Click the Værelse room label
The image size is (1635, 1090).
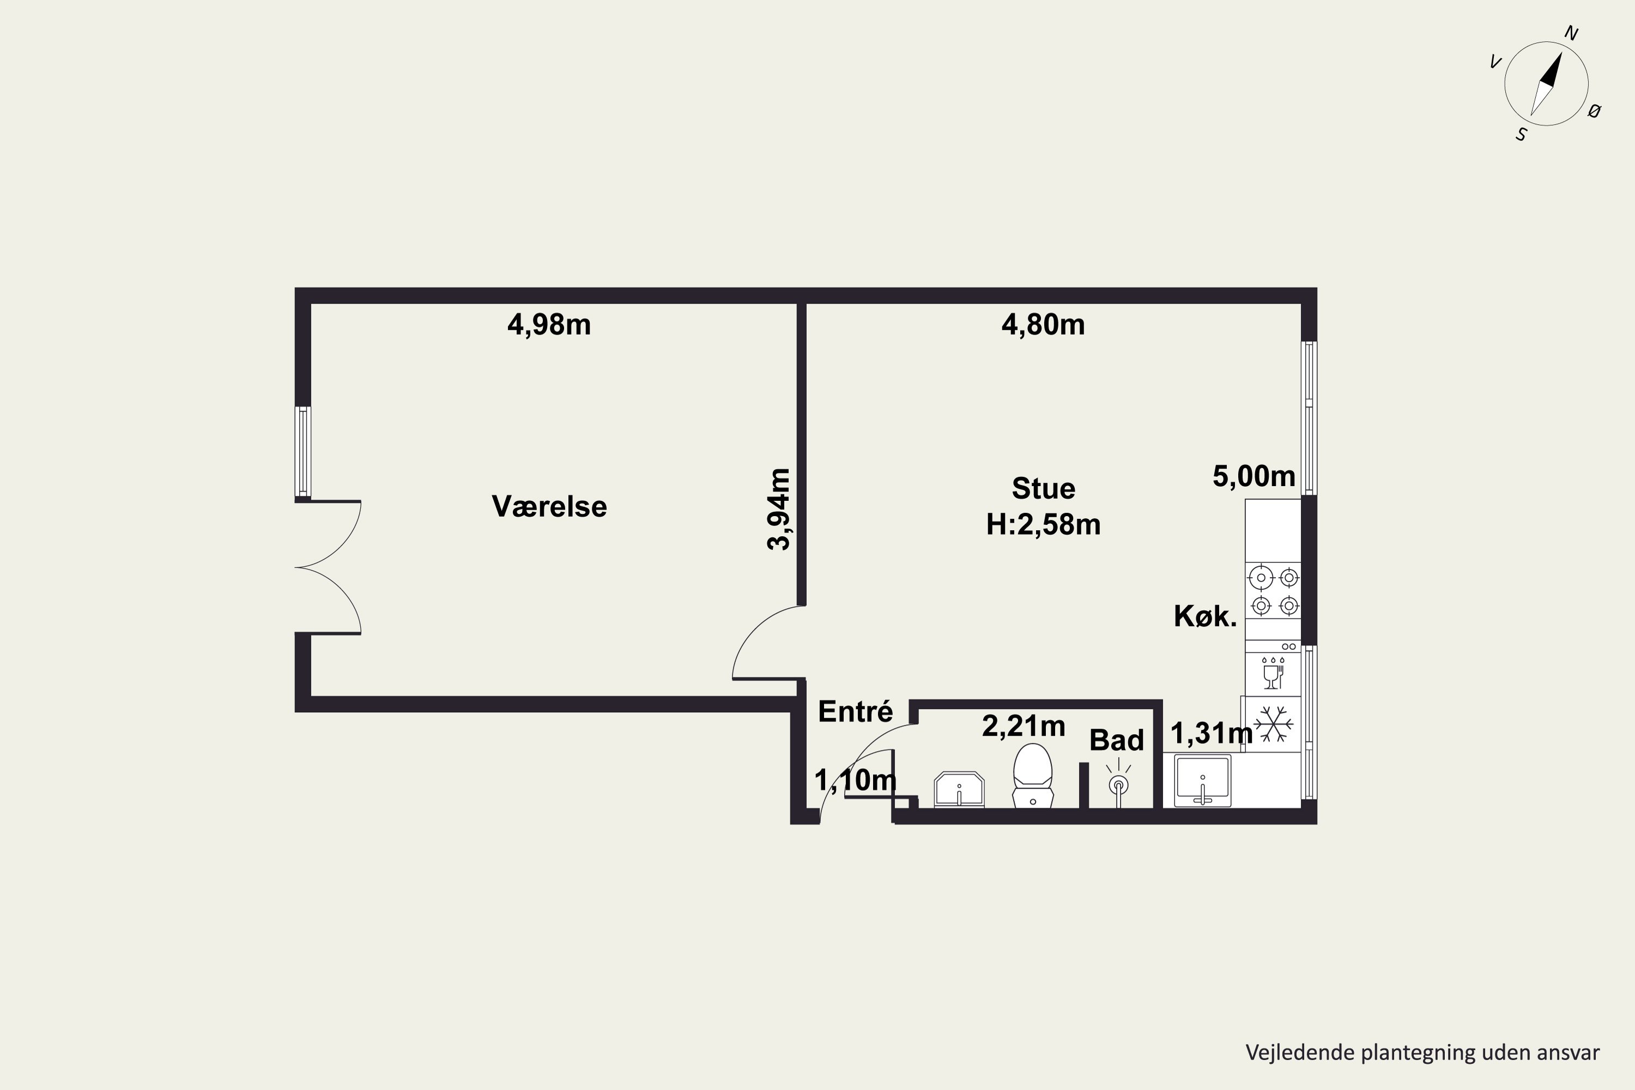(x=549, y=506)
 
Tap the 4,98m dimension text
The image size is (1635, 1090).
(x=549, y=325)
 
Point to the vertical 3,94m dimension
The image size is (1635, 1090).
(x=779, y=510)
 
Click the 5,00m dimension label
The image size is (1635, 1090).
(x=1254, y=476)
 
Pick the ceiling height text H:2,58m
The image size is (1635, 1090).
(x=1044, y=525)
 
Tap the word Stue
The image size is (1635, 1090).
(x=1044, y=489)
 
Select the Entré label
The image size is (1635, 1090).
(x=855, y=711)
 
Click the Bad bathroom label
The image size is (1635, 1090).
(x=1116, y=740)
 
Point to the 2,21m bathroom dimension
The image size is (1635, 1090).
(x=1024, y=726)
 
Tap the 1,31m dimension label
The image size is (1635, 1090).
(x=1212, y=732)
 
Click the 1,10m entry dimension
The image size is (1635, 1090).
(x=855, y=780)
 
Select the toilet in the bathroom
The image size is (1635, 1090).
(x=1033, y=776)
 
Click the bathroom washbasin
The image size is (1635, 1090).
(x=959, y=790)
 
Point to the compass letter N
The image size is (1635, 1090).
(x=1571, y=33)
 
